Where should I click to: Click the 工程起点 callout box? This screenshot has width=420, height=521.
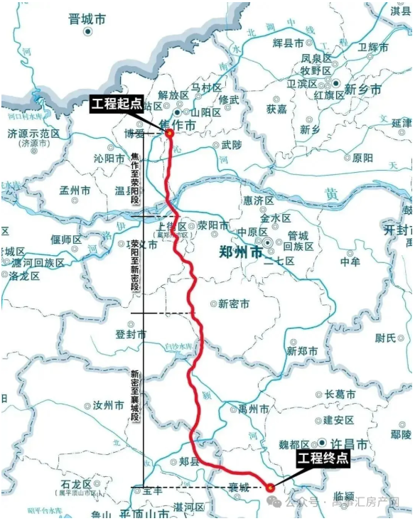pyautogui.click(x=117, y=106)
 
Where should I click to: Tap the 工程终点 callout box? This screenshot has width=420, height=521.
pyautogui.click(x=323, y=458)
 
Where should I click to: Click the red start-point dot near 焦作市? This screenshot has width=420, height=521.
pyautogui.click(x=170, y=132)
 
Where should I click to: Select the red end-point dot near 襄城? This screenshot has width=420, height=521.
pyautogui.click(x=270, y=488)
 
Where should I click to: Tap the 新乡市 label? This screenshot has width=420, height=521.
pyautogui.click(x=362, y=90)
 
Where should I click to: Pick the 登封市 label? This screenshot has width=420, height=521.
pyautogui.click(x=131, y=334)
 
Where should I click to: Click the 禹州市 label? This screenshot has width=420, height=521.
pyautogui.click(x=252, y=409)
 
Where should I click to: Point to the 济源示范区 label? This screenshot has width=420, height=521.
pyautogui.click(x=33, y=134)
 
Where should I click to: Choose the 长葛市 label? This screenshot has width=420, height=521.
pyautogui.click(x=340, y=394)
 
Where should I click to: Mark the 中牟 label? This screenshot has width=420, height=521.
pyautogui.click(x=350, y=262)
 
